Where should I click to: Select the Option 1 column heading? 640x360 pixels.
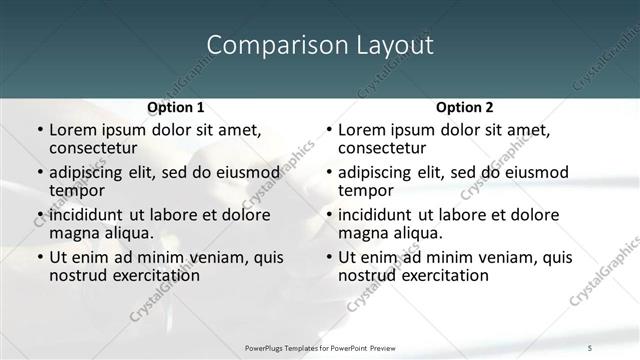[176, 107]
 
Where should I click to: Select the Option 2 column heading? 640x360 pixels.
[465, 107]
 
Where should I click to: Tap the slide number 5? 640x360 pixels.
[621, 347]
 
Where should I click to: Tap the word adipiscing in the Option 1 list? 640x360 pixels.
[91, 173]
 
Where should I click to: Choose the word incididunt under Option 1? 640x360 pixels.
[94, 215]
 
